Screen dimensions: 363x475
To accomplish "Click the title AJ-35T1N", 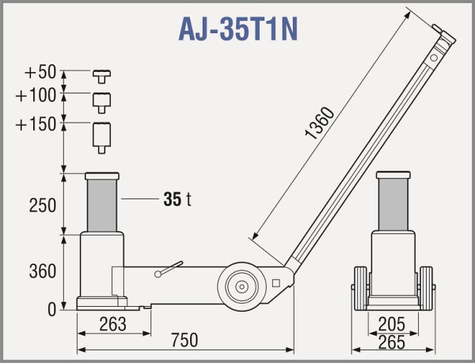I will click(x=237, y=29).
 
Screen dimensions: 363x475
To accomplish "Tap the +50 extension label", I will click(x=40, y=73).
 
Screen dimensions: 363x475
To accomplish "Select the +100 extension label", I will click(x=36, y=96).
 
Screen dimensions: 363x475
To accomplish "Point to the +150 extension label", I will click(x=36, y=124).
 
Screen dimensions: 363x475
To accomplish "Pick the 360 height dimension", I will click(x=41, y=271).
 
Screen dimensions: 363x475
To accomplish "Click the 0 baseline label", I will click(x=51, y=310).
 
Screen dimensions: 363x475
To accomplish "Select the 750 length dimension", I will click(x=183, y=340).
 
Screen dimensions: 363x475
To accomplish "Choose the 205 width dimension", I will click(x=393, y=323).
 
